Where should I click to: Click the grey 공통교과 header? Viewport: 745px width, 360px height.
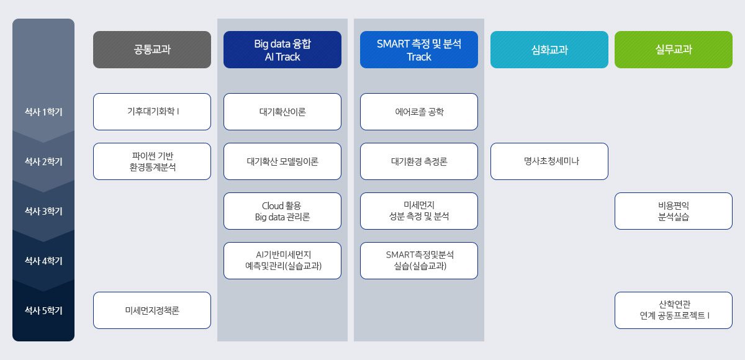152,50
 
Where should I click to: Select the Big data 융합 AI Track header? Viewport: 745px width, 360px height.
282,50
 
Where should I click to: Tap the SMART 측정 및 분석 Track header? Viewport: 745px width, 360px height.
419,50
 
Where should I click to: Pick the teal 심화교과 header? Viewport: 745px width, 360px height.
549,50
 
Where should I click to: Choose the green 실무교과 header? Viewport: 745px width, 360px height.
674,50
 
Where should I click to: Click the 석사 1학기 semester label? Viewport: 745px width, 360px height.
43,112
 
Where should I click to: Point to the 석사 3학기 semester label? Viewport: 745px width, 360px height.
43,211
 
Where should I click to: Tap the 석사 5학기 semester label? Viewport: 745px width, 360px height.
43,310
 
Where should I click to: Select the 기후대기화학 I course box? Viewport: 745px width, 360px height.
152,112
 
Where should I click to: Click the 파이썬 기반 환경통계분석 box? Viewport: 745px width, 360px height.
152,161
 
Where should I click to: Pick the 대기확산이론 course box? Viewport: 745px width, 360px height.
282,112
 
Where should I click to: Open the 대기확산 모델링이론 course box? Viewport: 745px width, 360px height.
282,161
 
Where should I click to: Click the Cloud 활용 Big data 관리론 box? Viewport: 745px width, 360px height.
282,211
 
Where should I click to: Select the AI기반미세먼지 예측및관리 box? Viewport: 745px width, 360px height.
282,261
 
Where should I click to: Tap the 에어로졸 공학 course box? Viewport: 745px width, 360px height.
419,112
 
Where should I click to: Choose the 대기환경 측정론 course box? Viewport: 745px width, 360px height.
419,161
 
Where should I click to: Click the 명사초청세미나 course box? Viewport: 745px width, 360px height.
549,161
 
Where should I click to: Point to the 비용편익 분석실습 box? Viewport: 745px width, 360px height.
674,211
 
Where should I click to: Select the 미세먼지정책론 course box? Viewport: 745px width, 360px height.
152,310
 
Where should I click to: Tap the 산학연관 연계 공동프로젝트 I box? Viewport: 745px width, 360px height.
674,310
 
